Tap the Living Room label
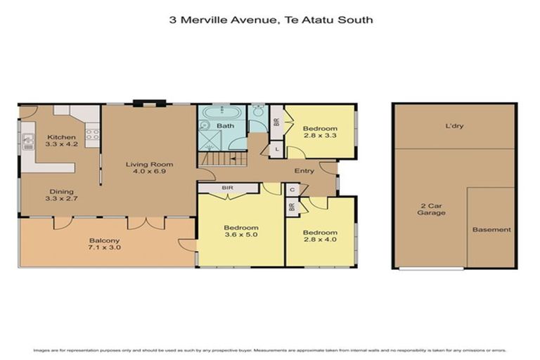(x=149, y=169)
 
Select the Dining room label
(x=61, y=195)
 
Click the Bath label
(x=225, y=127)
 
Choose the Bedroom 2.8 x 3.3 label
(x=320, y=133)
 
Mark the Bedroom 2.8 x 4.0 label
(x=320, y=236)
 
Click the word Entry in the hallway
(x=304, y=171)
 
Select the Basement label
(x=491, y=230)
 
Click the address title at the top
(x=271, y=20)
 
